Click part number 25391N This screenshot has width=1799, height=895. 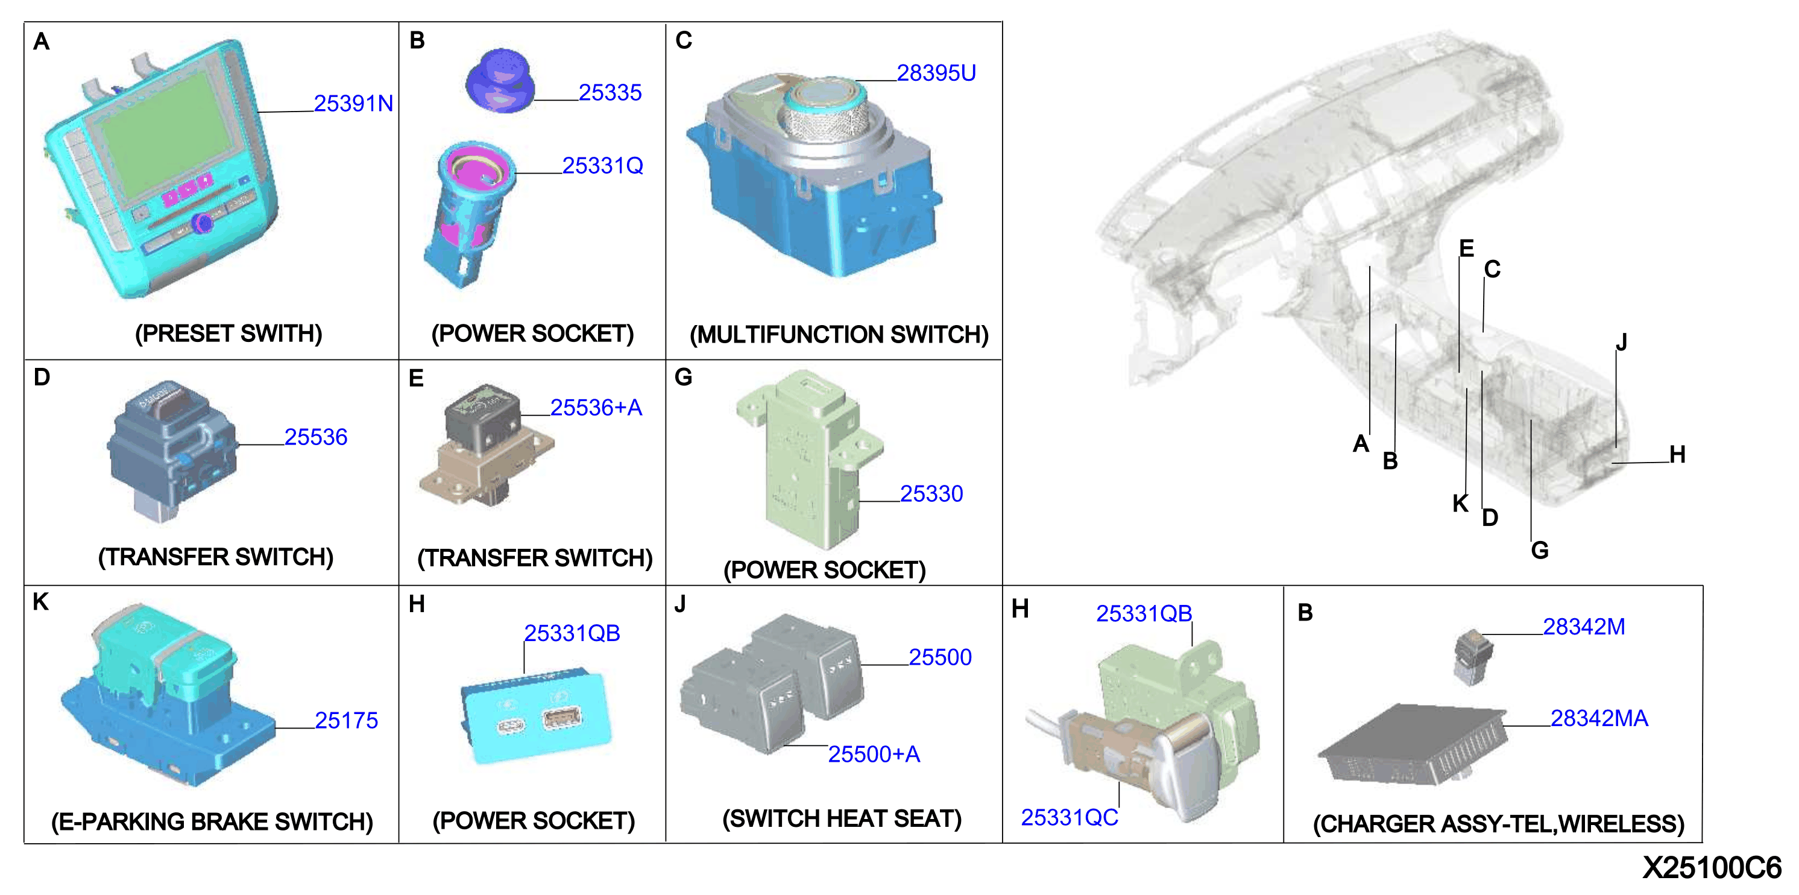353,103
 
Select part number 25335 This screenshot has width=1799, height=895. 610,92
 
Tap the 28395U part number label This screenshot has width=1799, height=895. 936,72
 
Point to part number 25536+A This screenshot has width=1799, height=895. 596,407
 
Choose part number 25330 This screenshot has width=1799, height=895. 931,494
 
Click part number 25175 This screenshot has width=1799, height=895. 347,720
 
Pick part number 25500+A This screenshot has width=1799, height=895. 874,754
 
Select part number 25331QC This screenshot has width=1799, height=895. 1069,817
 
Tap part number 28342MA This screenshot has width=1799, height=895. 1599,718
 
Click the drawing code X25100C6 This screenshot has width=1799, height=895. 1712,868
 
